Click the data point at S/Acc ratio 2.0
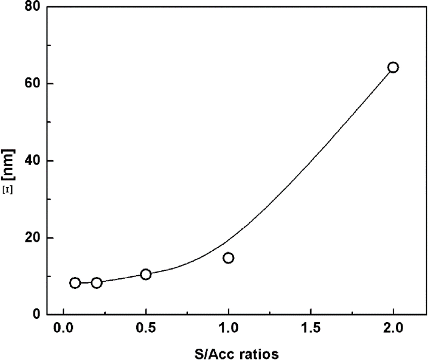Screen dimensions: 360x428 (393, 67)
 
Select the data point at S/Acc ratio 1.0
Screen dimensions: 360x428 (228, 258)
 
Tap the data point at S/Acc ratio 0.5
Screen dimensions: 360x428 (146, 274)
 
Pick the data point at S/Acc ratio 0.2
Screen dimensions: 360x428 (96, 282)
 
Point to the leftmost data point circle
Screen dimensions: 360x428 (75, 283)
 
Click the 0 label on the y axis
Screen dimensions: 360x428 (36, 315)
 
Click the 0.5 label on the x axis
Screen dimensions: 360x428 (146, 329)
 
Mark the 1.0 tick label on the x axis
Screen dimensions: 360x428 (228, 329)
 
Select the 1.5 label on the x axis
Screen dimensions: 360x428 (310, 329)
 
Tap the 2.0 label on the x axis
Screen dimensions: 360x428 (393, 329)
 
